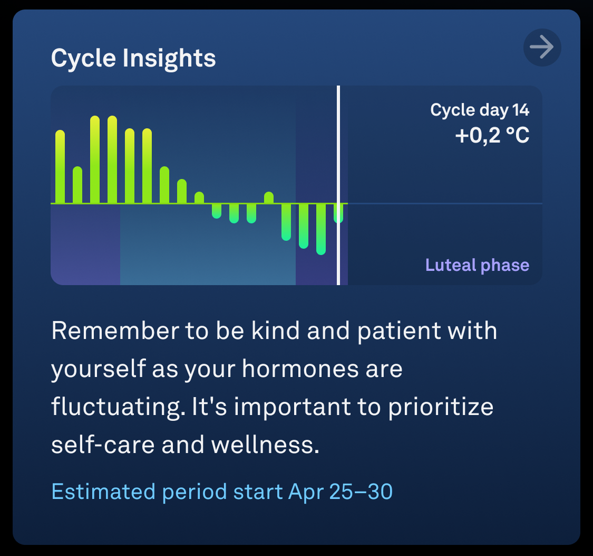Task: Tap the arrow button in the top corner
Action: pos(542,48)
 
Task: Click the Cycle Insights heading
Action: pos(133,58)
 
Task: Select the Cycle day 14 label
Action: pos(480,110)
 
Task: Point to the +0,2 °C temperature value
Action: pos(492,136)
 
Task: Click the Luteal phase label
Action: pos(477,265)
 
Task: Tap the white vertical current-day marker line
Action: pos(338,185)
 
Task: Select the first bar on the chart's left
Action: pos(60,167)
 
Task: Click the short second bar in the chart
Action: pos(77,185)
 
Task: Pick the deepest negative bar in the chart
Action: pos(321,229)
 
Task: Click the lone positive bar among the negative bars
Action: pos(269,197)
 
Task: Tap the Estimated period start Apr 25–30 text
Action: pos(222,492)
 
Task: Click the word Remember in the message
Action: pos(115,331)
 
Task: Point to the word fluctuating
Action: pos(119,407)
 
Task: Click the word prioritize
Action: pos(441,407)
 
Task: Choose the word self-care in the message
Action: pos(103,445)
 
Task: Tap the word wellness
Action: pos(265,445)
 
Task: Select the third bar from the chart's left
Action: pos(95,159)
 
